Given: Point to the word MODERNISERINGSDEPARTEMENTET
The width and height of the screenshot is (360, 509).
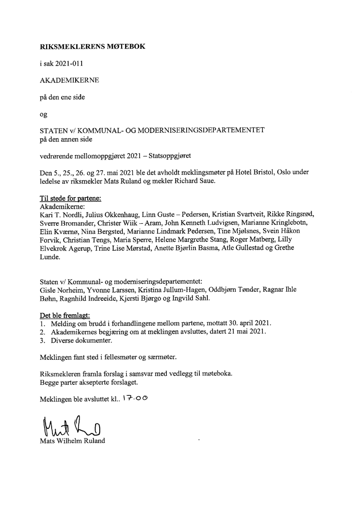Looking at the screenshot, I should tap(210, 130).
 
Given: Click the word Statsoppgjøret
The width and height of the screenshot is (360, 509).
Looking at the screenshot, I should tap(170, 155).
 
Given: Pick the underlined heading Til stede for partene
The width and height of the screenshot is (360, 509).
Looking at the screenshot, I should tap(70, 198).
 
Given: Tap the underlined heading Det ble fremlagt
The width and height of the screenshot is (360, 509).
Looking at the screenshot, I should tap(64, 316).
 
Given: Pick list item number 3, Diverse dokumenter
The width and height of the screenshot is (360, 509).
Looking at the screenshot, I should tap(80, 341).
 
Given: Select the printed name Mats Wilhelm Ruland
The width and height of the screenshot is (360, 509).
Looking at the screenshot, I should tap(72, 441).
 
